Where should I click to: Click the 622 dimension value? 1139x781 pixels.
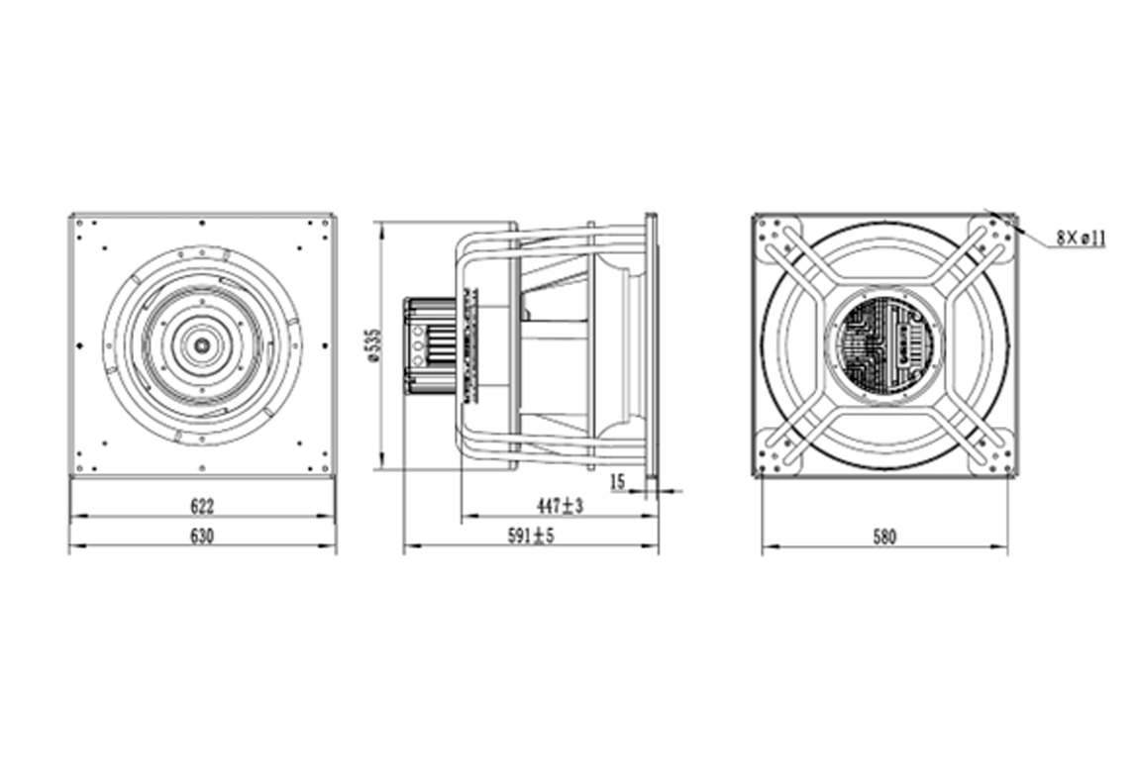click(202, 505)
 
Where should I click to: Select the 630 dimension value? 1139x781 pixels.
click(202, 536)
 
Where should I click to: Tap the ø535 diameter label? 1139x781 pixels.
click(374, 344)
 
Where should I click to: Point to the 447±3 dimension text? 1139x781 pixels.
click(560, 505)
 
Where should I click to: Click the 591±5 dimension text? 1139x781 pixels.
click(530, 536)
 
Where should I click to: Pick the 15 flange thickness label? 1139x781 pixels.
click(617, 481)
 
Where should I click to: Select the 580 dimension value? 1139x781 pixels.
click(884, 537)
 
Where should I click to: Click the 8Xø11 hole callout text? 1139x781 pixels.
click(1081, 238)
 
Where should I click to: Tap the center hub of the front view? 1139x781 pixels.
click(202, 344)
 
